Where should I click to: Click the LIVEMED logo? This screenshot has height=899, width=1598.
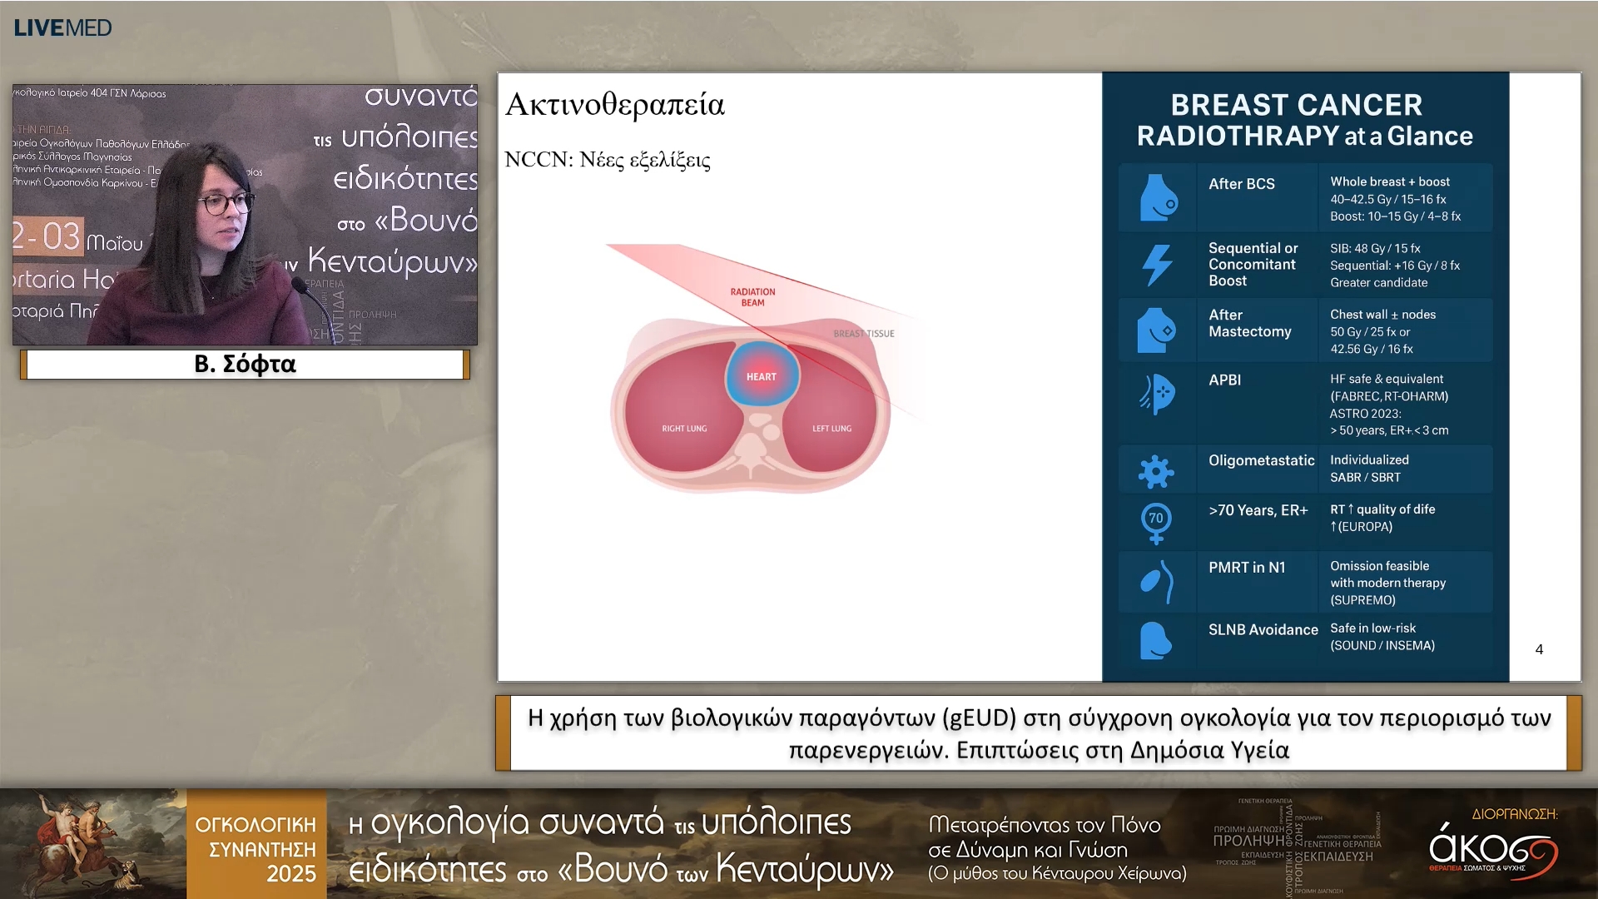click(x=62, y=27)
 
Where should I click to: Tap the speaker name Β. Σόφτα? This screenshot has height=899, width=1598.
click(x=245, y=364)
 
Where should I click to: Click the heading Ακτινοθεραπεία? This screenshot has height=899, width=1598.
click(x=615, y=105)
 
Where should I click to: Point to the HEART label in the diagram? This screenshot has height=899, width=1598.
click(x=761, y=377)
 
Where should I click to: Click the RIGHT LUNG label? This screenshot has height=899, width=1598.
click(x=684, y=429)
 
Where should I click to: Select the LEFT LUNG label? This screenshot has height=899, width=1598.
click(x=831, y=429)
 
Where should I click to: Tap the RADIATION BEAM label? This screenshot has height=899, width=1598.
click(x=752, y=297)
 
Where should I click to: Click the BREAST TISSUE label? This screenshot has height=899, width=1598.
click(x=864, y=334)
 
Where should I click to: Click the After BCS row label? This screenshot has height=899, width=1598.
click(x=1241, y=184)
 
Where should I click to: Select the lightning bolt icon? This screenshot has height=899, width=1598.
click(x=1157, y=265)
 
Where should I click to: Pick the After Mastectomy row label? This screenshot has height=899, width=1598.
click(x=1249, y=323)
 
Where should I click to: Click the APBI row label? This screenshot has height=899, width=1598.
click(x=1224, y=380)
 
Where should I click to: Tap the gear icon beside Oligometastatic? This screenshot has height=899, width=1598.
click(x=1156, y=472)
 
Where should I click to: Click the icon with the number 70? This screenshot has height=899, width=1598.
click(x=1156, y=521)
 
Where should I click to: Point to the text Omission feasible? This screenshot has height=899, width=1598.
click(x=1379, y=566)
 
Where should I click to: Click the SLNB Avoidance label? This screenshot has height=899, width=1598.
click(x=1263, y=630)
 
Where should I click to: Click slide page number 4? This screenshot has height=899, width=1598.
click(x=1539, y=649)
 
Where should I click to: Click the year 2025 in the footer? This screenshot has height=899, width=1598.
click(x=290, y=874)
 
